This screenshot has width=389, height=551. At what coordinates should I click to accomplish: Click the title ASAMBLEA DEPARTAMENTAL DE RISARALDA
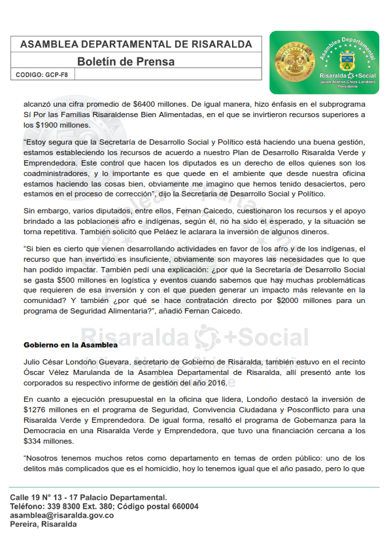[x=136, y=44]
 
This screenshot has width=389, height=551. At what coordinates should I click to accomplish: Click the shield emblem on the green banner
[x=347, y=64]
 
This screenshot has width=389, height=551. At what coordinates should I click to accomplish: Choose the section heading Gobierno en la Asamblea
[x=71, y=344]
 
